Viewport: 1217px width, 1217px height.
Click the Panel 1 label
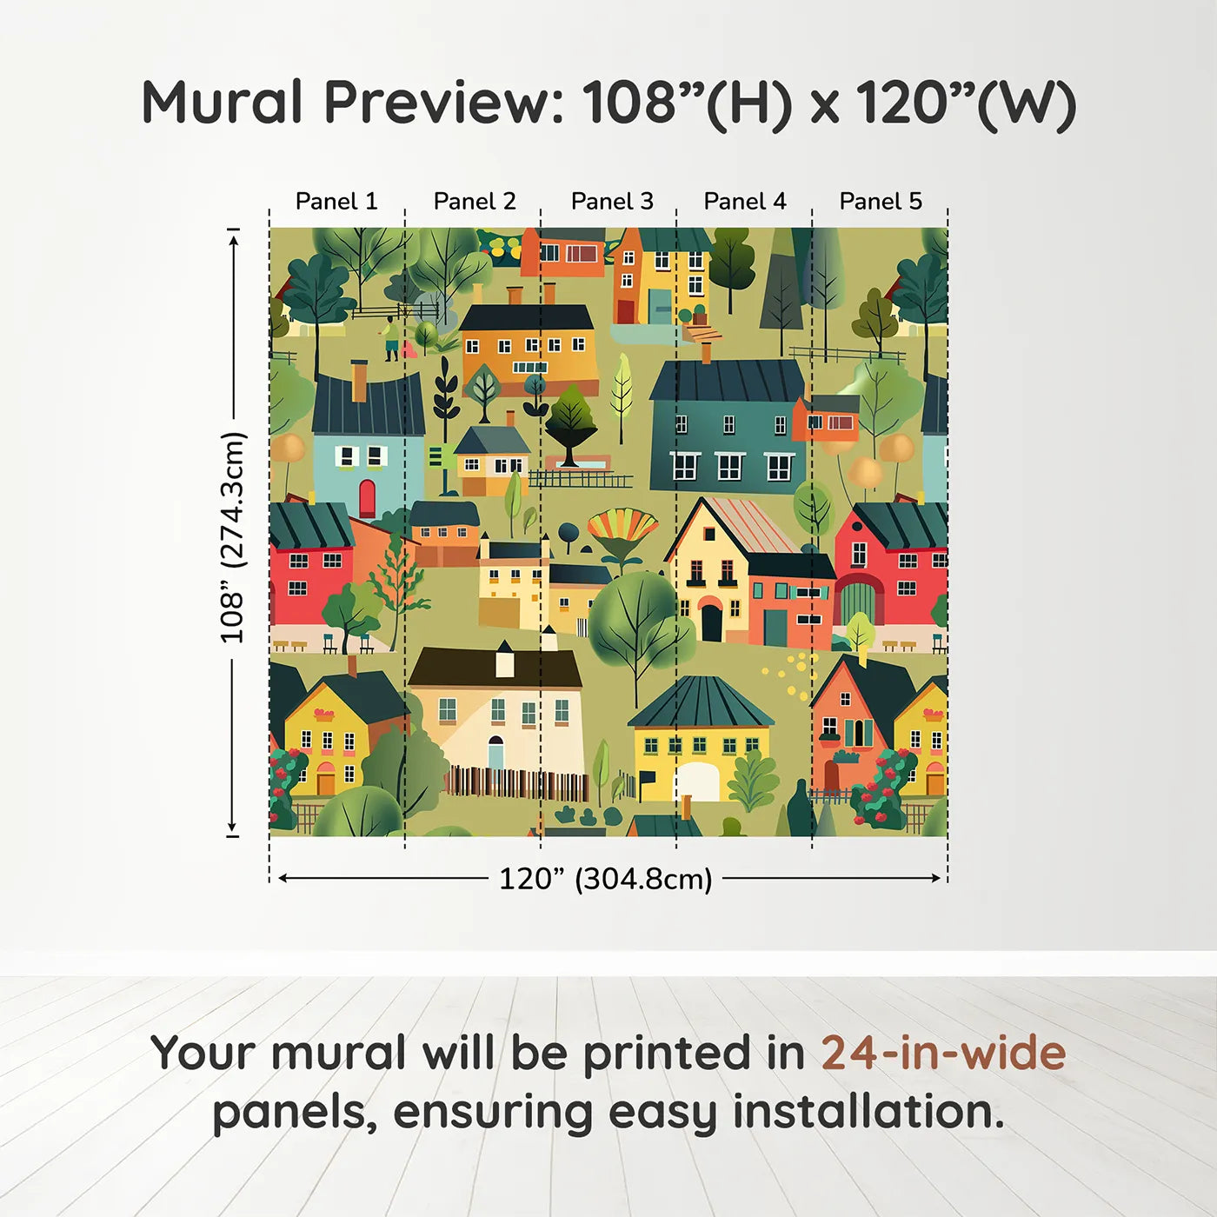coord(336,201)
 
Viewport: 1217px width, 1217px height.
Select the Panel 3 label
coord(612,201)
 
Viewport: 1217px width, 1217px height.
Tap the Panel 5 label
coord(881,201)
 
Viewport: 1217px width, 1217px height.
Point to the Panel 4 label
coord(745,201)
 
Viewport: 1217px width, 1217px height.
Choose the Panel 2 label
coord(475,201)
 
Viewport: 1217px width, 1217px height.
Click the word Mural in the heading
coord(223,103)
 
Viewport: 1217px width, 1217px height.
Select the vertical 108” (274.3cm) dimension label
coord(233,537)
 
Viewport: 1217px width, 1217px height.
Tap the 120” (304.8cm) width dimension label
coord(606,879)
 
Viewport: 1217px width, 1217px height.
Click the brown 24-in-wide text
coord(943,1054)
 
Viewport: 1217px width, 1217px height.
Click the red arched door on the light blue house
coord(367,497)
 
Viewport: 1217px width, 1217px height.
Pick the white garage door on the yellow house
coord(697,781)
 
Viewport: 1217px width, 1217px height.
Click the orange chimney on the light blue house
coord(359,381)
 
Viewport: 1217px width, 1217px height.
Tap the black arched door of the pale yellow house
coord(711,621)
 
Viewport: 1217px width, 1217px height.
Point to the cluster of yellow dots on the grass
coord(794,675)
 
